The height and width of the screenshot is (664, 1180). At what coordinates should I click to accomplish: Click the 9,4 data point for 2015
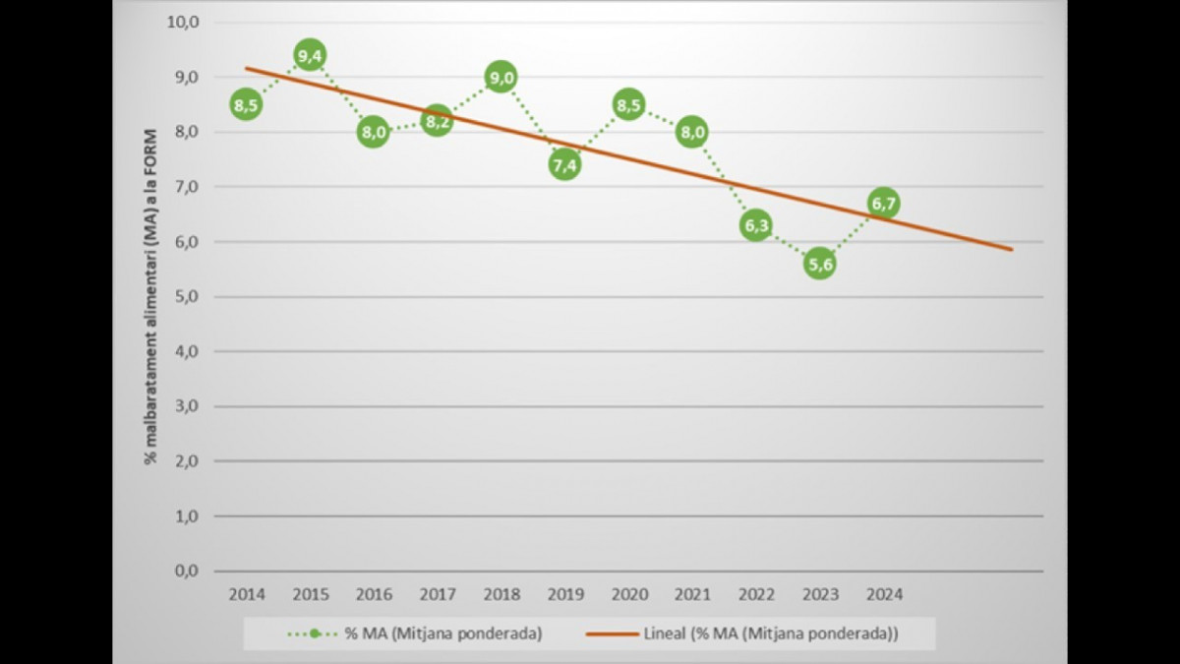point(310,55)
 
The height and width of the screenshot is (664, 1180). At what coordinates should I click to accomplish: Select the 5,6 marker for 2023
point(819,264)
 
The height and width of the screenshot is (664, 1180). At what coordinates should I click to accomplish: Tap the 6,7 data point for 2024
point(883,204)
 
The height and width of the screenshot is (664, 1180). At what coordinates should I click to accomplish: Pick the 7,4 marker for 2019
point(564,165)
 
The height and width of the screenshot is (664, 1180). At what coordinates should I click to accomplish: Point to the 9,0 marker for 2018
point(501,77)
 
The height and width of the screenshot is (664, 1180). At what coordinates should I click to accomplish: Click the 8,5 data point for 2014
point(246,104)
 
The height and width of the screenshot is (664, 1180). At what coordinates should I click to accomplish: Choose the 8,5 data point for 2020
point(628,104)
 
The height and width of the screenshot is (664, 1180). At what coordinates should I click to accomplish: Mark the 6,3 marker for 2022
point(755,226)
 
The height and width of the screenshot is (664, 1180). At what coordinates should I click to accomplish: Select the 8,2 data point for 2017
point(437,121)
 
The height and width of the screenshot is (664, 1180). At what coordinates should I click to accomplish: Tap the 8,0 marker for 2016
point(373,132)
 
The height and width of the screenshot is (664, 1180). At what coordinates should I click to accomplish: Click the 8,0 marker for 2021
point(692,132)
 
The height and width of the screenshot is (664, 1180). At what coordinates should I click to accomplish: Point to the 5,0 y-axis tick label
point(185,296)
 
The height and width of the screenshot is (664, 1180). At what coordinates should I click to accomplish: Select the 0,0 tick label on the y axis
point(185,571)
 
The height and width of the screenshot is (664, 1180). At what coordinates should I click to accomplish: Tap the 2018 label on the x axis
point(501,595)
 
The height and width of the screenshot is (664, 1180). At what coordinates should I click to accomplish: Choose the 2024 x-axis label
point(883,595)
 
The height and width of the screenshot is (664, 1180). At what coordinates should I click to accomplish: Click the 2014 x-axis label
point(246,595)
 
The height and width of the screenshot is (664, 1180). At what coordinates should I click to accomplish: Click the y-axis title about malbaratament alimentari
point(151,295)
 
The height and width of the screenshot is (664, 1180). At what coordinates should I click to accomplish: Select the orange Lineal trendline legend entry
point(742,634)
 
